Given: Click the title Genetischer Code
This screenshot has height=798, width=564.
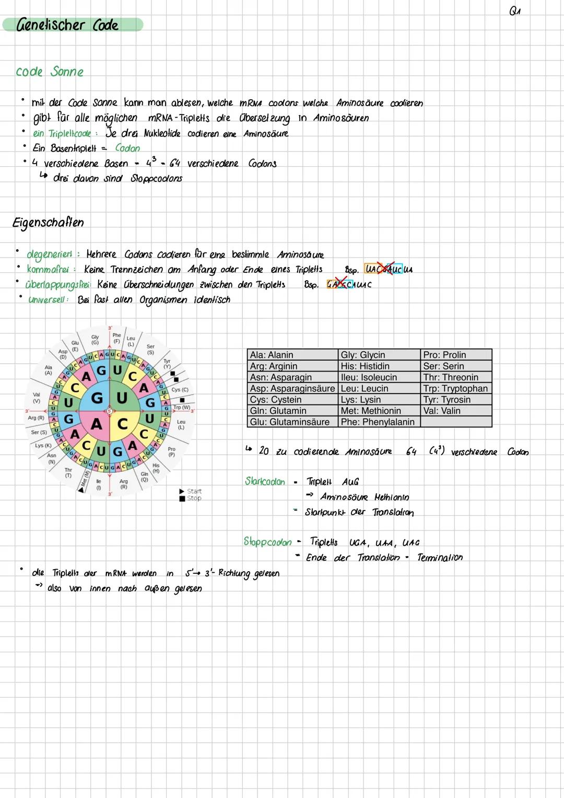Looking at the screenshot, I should pyautogui.click(x=68, y=25).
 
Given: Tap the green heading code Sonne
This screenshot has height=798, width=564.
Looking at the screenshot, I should pyautogui.click(x=50, y=72).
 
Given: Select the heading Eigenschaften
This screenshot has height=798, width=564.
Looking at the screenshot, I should pyautogui.click(x=48, y=223).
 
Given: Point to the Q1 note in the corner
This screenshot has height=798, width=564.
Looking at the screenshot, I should pyautogui.click(x=515, y=11).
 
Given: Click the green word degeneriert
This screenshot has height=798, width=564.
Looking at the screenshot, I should pyautogui.click(x=49, y=255).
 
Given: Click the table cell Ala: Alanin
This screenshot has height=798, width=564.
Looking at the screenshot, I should pyautogui.click(x=272, y=355).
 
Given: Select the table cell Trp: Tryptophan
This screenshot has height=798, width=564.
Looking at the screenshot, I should pyautogui.click(x=455, y=388).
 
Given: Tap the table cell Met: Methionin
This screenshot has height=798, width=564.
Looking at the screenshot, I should pyautogui.click(x=371, y=411).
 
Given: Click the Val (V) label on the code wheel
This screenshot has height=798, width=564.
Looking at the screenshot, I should pyautogui.click(x=37, y=398).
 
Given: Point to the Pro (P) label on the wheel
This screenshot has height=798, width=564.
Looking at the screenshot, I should pyautogui.click(x=171, y=452).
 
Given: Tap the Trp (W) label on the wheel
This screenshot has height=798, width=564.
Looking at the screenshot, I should pyautogui.click(x=181, y=408).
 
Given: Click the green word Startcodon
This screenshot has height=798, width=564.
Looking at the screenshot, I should pyautogui.click(x=265, y=481).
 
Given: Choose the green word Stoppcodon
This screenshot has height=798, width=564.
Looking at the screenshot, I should pyautogui.click(x=267, y=542).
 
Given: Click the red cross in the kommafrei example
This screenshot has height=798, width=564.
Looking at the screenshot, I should pyautogui.click(x=386, y=269).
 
